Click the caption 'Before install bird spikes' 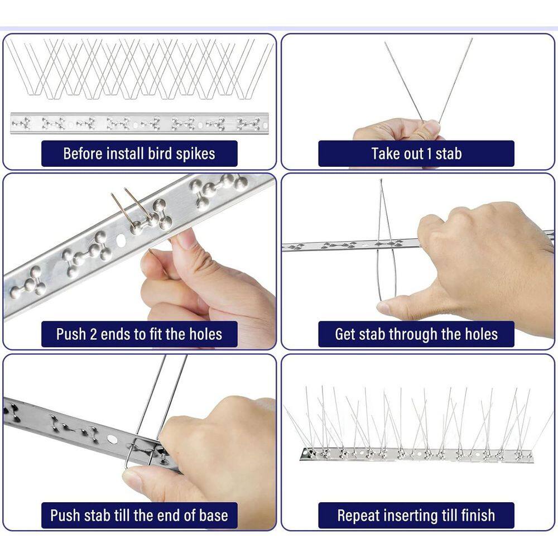(139, 153)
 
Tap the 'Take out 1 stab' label (416, 153)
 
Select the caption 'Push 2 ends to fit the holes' (139, 334)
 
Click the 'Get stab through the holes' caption (416, 334)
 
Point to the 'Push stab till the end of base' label (139, 515)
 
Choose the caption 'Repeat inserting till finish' (416, 515)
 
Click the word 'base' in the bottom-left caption (212, 515)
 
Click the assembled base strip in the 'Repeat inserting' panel (416, 455)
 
